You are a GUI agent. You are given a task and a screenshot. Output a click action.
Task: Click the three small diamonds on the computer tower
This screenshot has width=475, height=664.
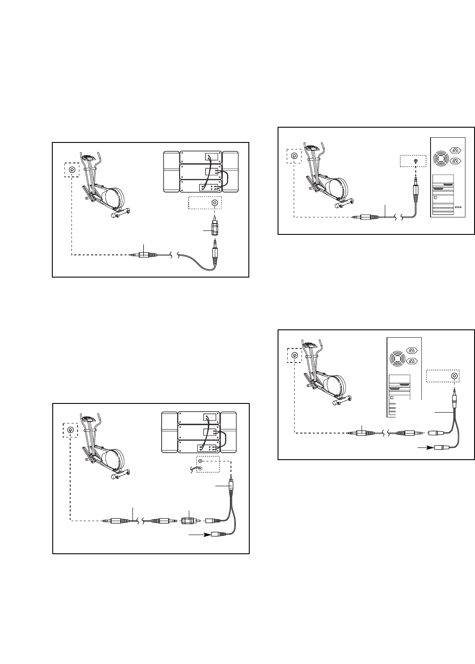pyautogui.click(x=458, y=207)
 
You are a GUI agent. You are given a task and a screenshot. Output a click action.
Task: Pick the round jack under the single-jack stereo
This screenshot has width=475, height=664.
pyautogui.click(x=214, y=203)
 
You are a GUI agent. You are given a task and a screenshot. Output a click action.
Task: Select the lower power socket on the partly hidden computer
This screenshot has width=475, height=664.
pyautogui.click(x=411, y=361)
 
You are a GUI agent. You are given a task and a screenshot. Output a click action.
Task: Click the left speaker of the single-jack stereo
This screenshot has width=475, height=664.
pyautogui.click(x=171, y=171)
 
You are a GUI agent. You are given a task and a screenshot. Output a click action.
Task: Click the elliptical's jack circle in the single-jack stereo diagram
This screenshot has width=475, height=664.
pyautogui.click(x=71, y=169)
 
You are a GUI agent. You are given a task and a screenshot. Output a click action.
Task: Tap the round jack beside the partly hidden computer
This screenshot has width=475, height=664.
pyautogui.click(x=455, y=376)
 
